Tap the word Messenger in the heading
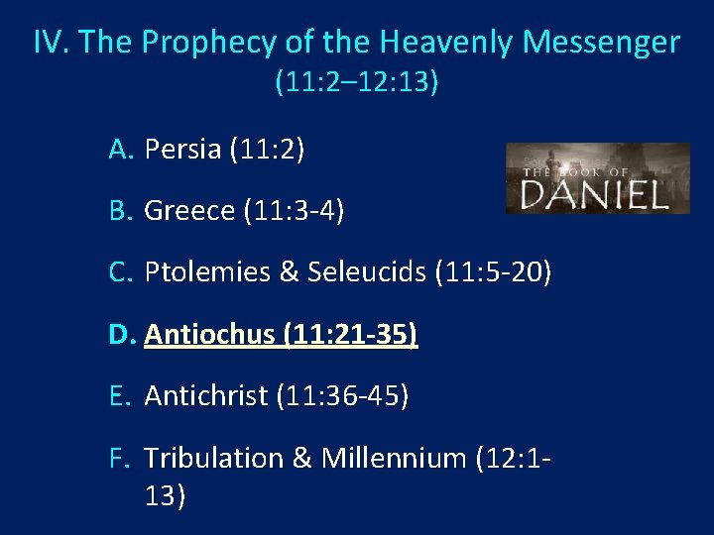coord(601,43)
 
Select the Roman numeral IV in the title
coord(51,43)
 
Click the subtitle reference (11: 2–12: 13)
coord(357,82)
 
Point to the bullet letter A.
coord(120,150)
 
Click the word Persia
coord(182,150)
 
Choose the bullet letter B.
coord(120,211)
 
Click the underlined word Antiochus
coord(209,335)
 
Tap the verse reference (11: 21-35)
coord(350,335)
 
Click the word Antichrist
coord(206,396)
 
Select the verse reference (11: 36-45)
coord(343,396)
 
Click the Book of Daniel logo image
coord(597,179)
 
